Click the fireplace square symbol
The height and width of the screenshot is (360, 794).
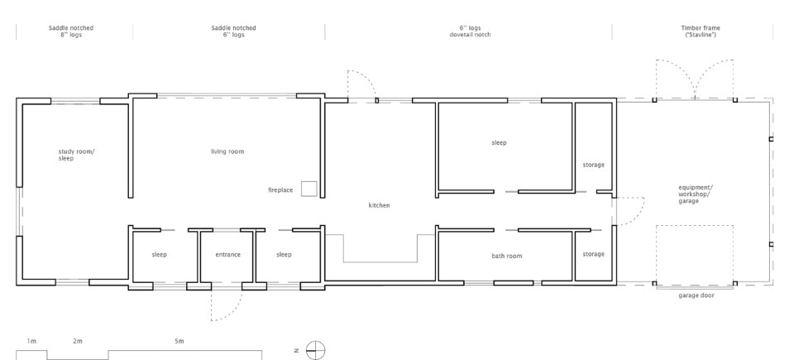(x=309, y=189)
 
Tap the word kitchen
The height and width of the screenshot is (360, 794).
(x=380, y=205)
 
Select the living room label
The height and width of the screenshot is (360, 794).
(x=227, y=151)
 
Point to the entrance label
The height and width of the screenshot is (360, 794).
(x=228, y=255)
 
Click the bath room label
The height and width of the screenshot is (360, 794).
(x=506, y=256)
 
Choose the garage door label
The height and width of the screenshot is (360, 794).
(x=696, y=295)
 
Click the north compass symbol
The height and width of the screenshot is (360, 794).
(x=315, y=350)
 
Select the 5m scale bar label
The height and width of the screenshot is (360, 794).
(x=179, y=341)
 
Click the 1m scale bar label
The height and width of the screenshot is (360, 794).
(x=31, y=341)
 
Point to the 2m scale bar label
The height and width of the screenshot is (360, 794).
(x=78, y=341)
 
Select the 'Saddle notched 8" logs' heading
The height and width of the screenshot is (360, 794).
(x=71, y=31)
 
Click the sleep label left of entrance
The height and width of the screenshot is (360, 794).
(x=159, y=255)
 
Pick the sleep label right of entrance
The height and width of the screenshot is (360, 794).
(x=284, y=255)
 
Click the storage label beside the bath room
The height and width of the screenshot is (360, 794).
(x=593, y=254)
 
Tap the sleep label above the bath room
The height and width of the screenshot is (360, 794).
(x=499, y=143)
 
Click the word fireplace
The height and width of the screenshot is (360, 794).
(x=280, y=190)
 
